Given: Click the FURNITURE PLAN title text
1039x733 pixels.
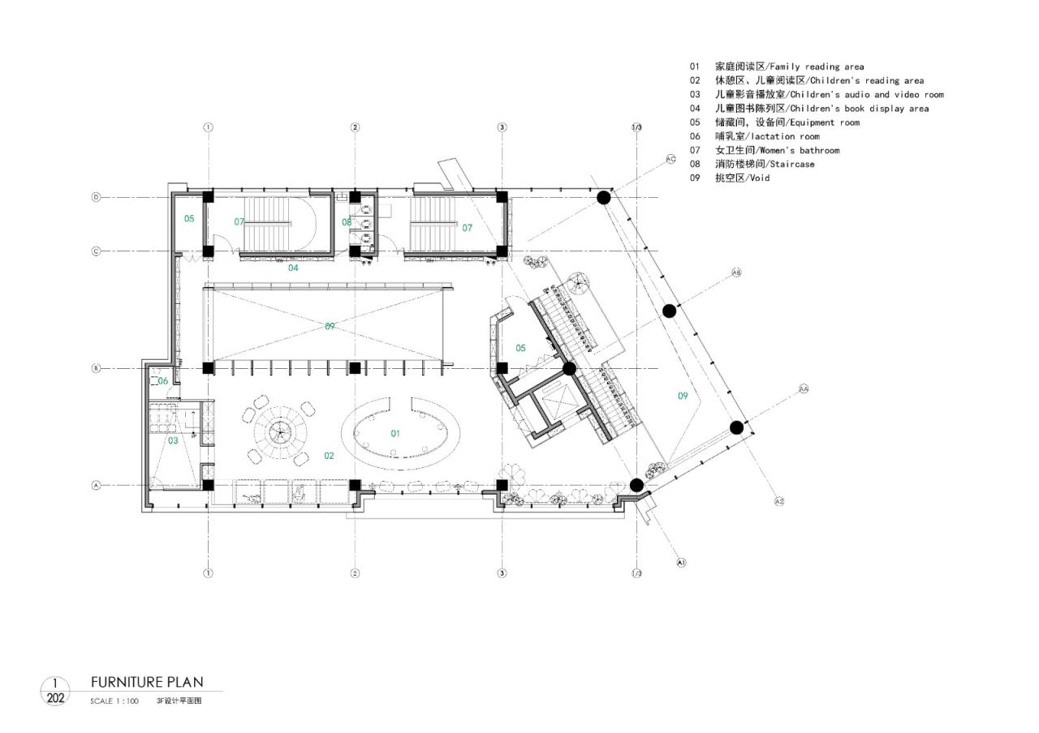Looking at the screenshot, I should click(147, 682).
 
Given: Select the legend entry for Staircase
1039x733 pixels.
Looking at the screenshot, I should click(765, 164).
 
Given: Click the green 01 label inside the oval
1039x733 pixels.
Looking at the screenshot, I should click(395, 433).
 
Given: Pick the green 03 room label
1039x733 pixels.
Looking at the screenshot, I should click(173, 440).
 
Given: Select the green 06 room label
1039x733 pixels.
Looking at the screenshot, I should click(162, 381).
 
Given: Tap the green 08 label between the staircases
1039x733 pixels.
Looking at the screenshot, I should click(347, 221).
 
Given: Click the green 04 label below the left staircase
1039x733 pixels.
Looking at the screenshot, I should click(294, 267).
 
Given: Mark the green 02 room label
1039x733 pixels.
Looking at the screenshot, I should click(330, 456).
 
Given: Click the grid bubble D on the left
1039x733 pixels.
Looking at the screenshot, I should click(96, 197).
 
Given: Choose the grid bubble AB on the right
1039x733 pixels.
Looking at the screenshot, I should click(737, 272).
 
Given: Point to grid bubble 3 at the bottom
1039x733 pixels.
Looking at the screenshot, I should click(502, 573).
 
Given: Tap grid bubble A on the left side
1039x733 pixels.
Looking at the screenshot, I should click(96, 486).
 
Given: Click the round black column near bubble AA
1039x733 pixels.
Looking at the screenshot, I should click(736, 427).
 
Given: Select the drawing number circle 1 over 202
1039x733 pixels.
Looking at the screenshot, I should click(55, 691).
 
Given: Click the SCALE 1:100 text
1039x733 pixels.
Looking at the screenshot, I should click(114, 701).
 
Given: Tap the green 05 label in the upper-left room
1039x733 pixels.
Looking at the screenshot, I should click(189, 219).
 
